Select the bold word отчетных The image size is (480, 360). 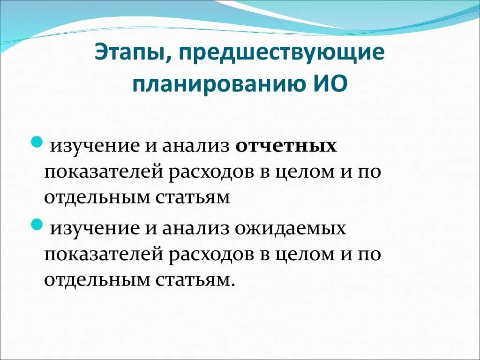click(x=286, y=146)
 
